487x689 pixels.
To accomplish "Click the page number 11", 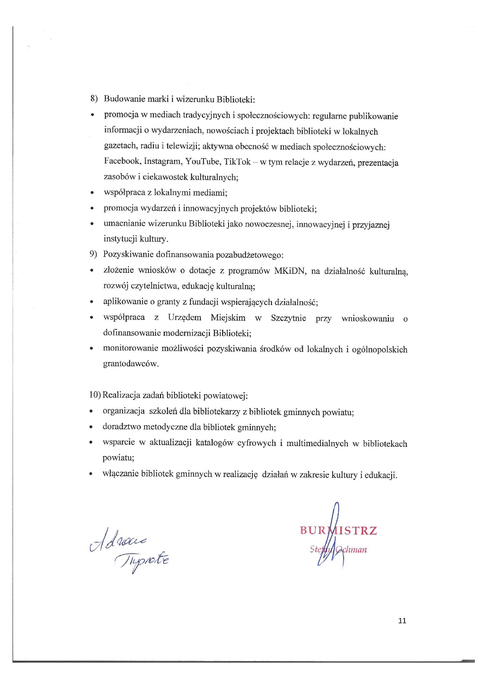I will (x=402, y=621).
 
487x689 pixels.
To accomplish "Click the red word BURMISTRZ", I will (x=338, y=531).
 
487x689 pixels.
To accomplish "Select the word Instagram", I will (x=162, y=161).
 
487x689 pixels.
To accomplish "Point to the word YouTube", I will (x=202, y=161).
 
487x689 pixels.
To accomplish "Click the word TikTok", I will (x=237, y=162).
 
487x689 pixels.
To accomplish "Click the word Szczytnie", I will (x=288, y=318).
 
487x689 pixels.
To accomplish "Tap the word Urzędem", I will (x=185, y=318).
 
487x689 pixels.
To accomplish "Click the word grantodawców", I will (x=131, y=364).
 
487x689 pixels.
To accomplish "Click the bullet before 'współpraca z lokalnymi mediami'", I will (x=92, y=193).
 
